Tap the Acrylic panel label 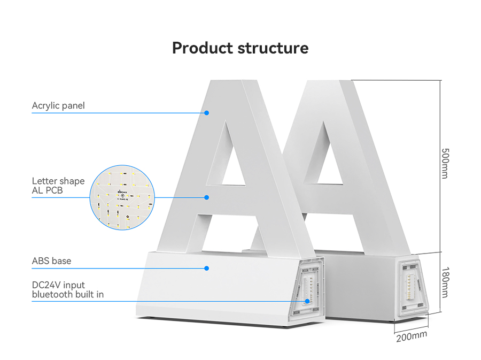click(x=58, y=105)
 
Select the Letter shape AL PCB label click(x=58, y=185)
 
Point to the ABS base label click(x=51, y=261)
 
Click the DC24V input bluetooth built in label click(x=68, y=289)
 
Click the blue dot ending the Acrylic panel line click(x=206, y=113)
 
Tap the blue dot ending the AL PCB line click(x=206, y=197)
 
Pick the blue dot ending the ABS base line click(x=206, y=267)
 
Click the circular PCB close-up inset click(x=122, y=196)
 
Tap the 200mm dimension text click(x=412, y=336)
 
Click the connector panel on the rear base click(x=412, y=287)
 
